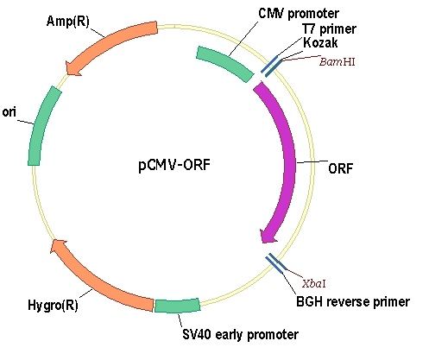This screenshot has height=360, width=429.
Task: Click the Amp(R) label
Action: click(68, 22)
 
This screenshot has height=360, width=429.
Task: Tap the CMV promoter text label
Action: click(299, 14)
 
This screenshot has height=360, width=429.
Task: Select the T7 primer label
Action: click(329, 29)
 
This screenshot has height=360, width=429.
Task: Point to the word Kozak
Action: click(320, 43)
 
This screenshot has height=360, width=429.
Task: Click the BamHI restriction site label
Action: click(337, 62)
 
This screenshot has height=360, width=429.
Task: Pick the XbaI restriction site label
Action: click(314, 284)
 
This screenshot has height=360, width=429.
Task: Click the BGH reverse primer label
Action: click(353, 302)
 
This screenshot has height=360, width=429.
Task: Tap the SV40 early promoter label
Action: click(241, 334)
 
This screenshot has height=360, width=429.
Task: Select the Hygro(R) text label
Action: click(53, 305)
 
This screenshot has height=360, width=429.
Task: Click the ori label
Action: click(9, 112)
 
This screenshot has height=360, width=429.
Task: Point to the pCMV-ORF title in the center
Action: click(174, 165)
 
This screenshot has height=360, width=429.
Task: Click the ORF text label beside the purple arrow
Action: click(340, 168)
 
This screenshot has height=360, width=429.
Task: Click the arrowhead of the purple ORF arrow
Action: click(268, 236)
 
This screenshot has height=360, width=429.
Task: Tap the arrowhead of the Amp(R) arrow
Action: click(72, 69)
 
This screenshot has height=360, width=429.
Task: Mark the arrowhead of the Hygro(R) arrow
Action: click(58, 246)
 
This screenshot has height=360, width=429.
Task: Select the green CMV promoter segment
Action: click(224, 63)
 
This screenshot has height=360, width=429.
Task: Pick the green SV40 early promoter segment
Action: click(177, 306)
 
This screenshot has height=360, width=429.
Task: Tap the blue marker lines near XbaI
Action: click(275, 263)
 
